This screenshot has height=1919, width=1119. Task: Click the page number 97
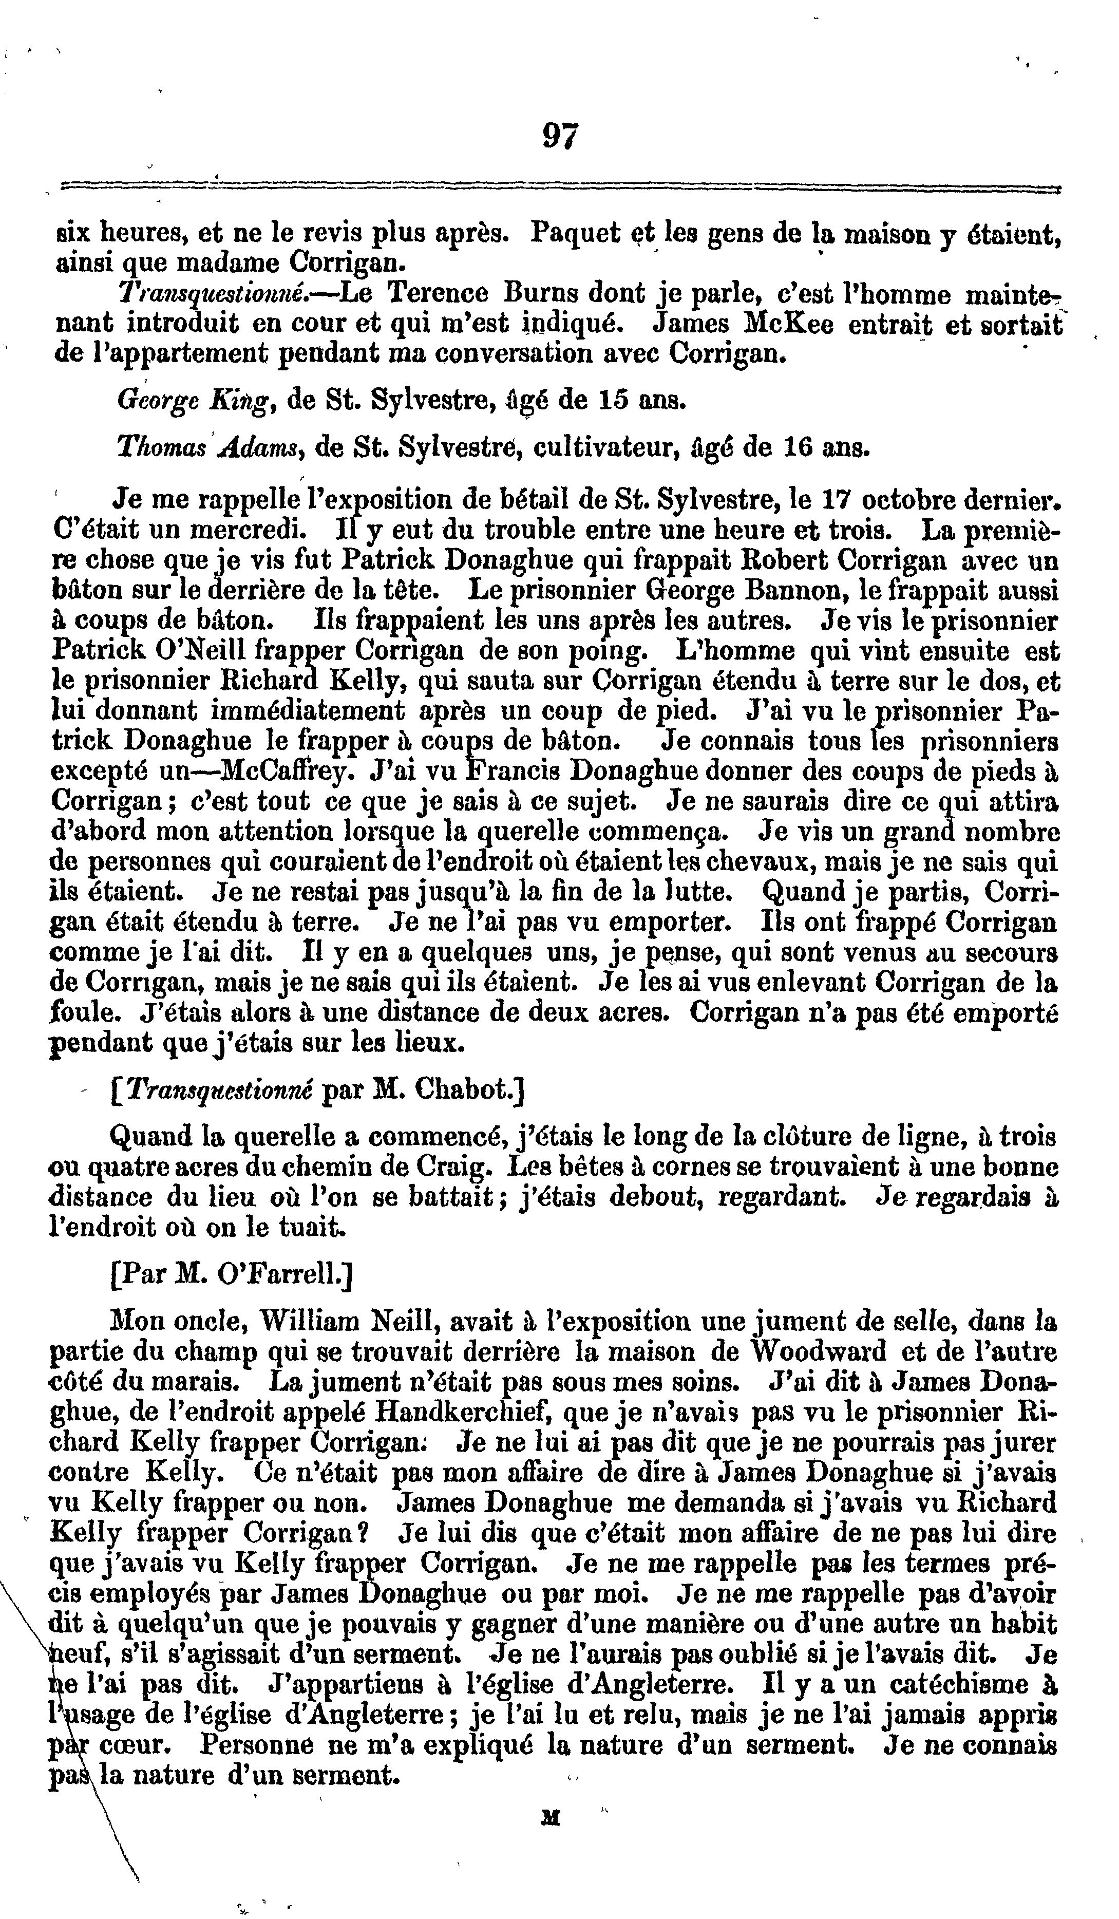tap(560, 137)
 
